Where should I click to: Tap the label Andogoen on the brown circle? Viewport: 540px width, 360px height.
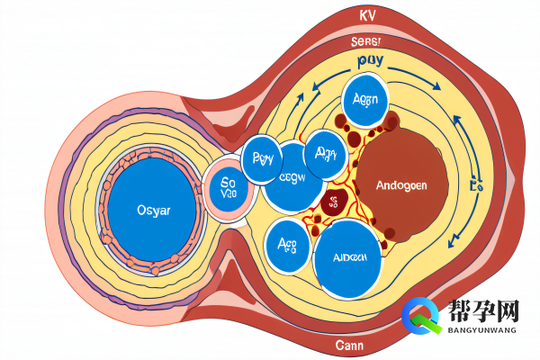(392, 185)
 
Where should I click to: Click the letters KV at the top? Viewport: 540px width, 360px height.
(367, 17)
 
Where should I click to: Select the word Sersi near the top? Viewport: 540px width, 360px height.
(366, 41)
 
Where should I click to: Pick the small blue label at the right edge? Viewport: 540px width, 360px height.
(476, 187)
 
